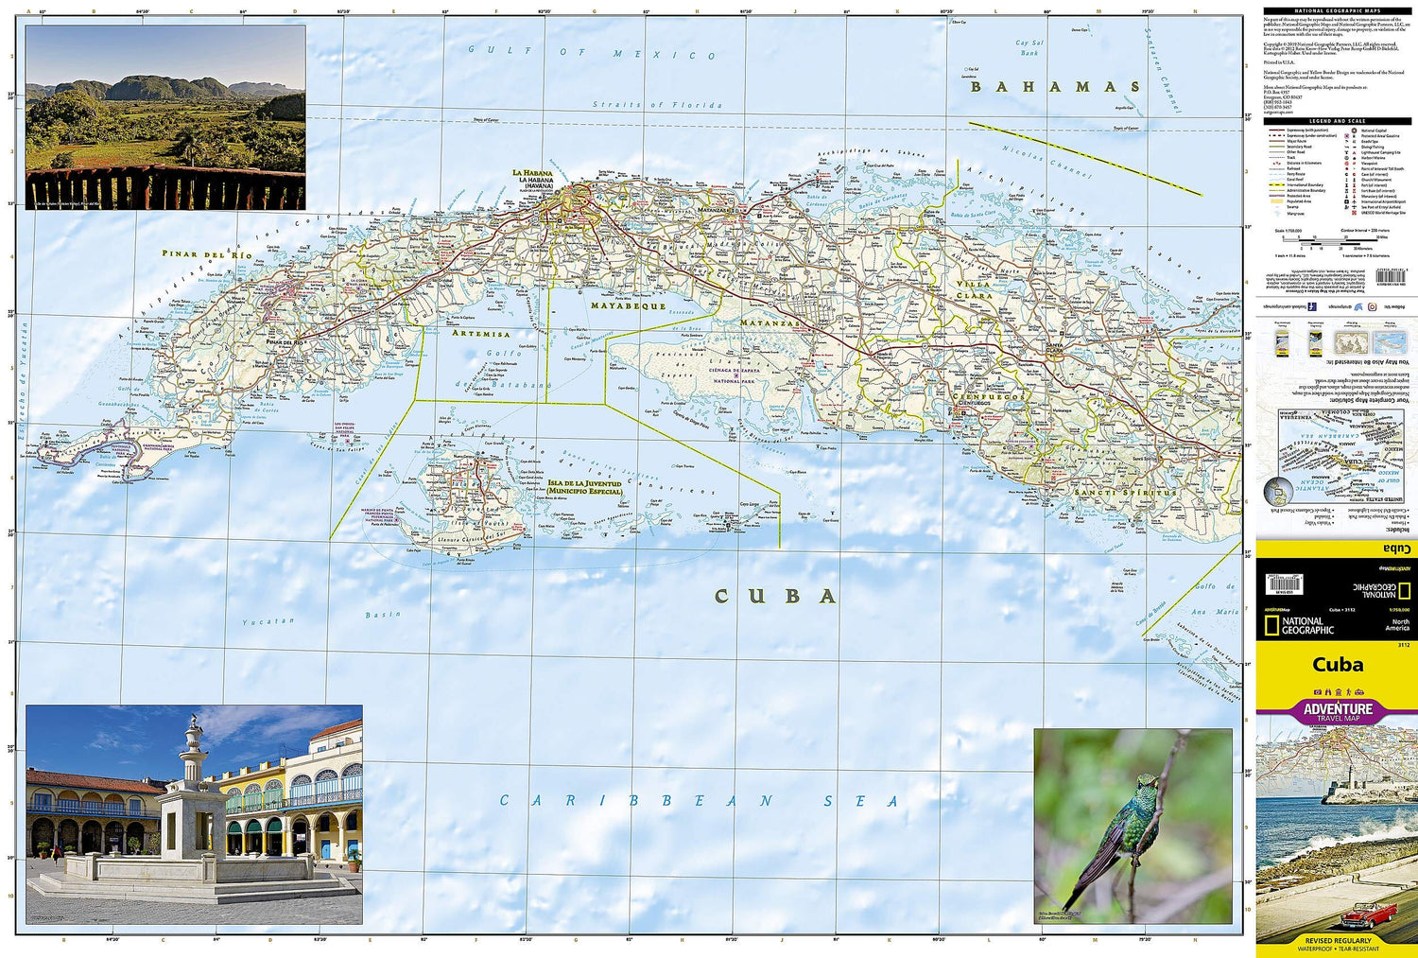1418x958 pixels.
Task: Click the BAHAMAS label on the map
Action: point(1055,87)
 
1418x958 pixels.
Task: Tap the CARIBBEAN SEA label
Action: point(699,801)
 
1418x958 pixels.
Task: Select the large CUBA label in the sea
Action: point(775,596)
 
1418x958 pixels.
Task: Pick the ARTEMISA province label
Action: point(480,334)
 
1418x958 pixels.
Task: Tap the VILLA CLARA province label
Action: point(974,289)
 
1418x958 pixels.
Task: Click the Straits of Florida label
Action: point(657,105)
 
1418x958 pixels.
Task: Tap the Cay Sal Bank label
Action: point(1029,47)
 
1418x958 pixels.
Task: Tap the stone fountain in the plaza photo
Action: point(193,804)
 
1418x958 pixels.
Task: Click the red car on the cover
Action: point(1365,913)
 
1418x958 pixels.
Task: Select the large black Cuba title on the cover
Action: point(1337,664)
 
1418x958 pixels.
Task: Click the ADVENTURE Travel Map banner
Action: point(1337,711)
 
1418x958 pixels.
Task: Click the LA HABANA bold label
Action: point(530,173)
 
